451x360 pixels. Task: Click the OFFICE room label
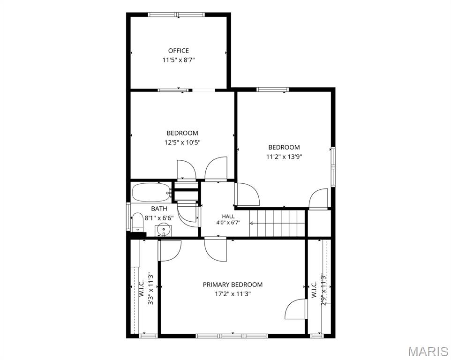click(x=179, y=51)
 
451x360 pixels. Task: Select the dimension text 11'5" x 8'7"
click(x=179, y=60)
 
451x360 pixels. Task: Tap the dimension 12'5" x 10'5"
click(x=182, y=142)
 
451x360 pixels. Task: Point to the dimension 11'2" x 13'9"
click(x=284, y=157)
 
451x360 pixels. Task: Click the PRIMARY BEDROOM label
click(x=233, y=285)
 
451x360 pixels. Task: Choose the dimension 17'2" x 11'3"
click(x=233, y=294)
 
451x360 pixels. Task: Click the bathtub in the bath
click(x=151, y=192)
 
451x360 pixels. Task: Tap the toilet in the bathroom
click(x=137, y=222)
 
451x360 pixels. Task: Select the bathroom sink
click(x=163, y=230)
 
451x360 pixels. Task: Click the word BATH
click(x=159, y=209)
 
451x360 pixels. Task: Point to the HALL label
click(x=228, y=216)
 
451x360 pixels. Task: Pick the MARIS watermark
click(x=428, y=352)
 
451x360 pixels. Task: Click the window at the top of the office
click(x=176, y=15)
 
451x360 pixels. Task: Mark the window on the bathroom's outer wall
click(x=128, y=217)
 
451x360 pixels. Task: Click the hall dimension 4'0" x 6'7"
click(x=228, y=222)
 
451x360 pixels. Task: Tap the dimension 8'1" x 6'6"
click(x=159, y=218)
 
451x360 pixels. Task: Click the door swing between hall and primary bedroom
click(x=216, y=250)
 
